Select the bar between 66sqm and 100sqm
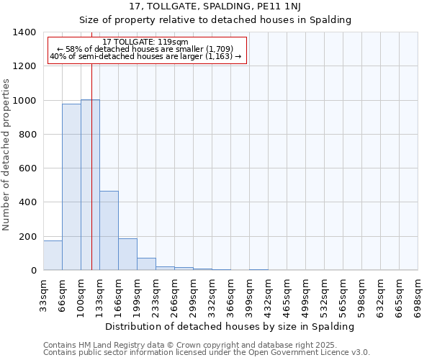[71, 187]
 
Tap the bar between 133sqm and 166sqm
[109, 230]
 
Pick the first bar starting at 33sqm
[53, 256]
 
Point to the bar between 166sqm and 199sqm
[127, 254]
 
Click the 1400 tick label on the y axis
[24, 32]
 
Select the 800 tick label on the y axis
[27, 135]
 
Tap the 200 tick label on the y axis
[27, 237]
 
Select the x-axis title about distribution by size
[230, 326]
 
